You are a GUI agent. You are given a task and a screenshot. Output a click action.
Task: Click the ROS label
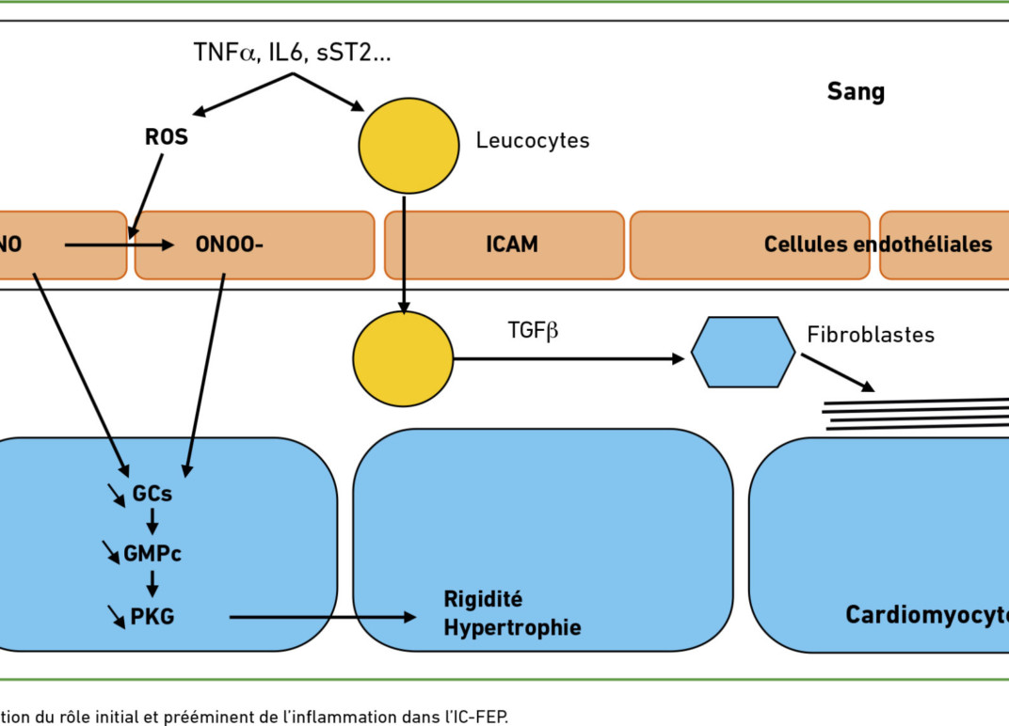pyautogui.click(x=166, y=137)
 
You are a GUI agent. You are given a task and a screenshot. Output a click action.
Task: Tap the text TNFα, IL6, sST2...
pyautogui.click(x=291, y=53)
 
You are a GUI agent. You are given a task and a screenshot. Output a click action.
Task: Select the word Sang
pyautogui.click(x=856, y=92)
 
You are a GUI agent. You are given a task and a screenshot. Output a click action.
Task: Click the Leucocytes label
pyautogui.click(x=532, y=141)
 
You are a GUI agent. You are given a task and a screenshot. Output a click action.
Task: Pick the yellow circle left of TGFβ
pyautogui.click(x=403, y=359)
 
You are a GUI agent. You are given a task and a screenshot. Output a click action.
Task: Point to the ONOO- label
pyautogui.click(x=229, y=245)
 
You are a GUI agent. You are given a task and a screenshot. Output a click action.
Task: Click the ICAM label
pyautogui.click(x=512, y=245)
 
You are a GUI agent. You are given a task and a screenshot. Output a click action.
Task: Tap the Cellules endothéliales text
pyautogui.click(x=877, y=245)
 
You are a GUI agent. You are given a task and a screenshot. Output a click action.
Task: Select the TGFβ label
pyautogui.click(x=532, y=330)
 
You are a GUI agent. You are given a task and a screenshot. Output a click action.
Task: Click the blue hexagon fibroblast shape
pyautogui.click(x=743, y=352)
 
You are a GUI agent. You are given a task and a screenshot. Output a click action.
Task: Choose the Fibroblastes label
pyautogui.click(x=871, y=335)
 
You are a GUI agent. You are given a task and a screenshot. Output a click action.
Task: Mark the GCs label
pyautogui.click(x=152, y=494)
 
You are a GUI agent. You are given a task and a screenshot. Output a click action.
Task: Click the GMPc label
pyautogui.click(x=152, y=554)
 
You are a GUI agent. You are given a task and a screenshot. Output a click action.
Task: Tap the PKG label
pyautogui.click(x=153, y=617)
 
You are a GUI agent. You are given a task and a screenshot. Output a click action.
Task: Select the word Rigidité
pyautogui.click(x=483, y=599)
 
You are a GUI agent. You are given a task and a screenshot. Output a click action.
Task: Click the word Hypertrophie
pyautogui.click(x=512, y=627)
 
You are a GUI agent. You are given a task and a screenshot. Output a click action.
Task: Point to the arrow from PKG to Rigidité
pyautogui.click(x=321, y=617)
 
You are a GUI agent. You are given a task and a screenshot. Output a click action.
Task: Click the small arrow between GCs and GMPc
pyautogui.click(x=152, y=523)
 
